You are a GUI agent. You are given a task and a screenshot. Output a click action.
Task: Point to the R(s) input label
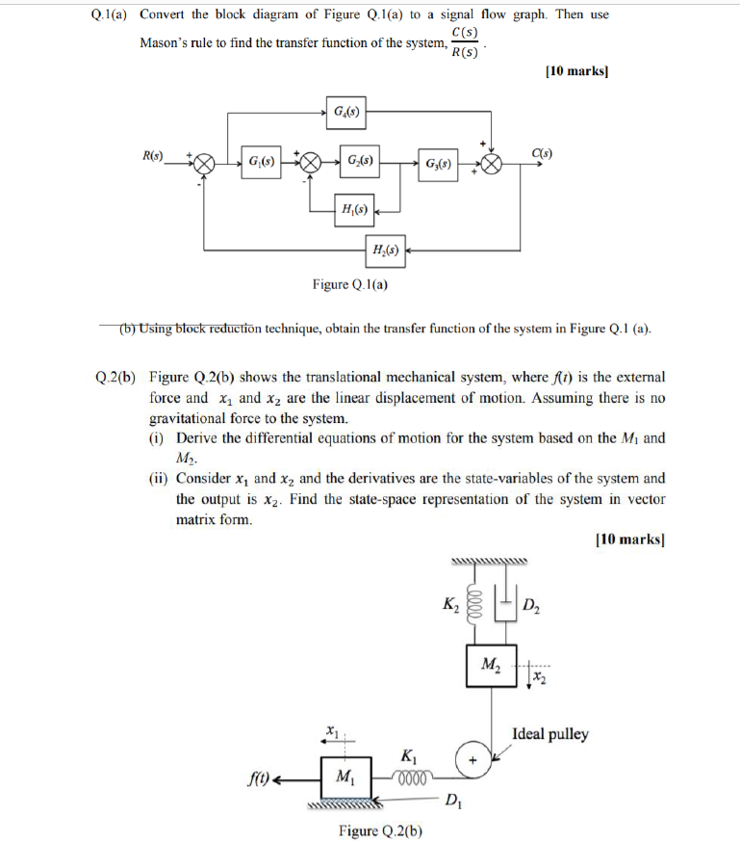point(153,155)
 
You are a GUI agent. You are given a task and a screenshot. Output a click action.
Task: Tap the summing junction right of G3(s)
point(492,163)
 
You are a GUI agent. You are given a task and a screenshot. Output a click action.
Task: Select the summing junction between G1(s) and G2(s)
point(311,162)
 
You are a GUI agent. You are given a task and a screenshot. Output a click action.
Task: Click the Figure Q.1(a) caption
point(350,284)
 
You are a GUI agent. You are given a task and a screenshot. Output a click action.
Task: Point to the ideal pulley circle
point(472,759)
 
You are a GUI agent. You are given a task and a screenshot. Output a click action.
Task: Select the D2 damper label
point(531,606)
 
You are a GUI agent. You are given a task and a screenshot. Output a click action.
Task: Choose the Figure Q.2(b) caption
point(382,830)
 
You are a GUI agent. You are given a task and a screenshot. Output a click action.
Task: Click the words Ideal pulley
point(550,734)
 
